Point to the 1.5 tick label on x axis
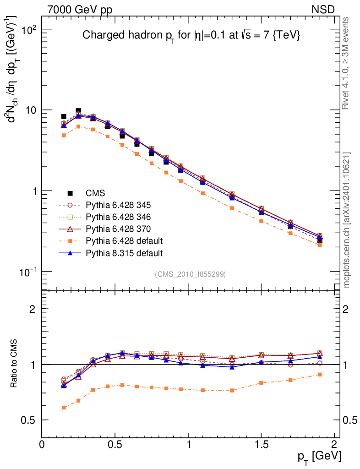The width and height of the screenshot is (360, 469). [261, 445]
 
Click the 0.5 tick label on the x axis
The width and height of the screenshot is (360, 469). [115, 445]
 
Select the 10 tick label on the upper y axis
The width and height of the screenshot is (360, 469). [31, 110]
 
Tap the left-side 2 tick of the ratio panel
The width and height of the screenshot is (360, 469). [33, 309]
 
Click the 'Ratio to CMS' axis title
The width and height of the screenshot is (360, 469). [15, 364]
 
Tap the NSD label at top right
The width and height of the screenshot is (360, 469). [323, 9]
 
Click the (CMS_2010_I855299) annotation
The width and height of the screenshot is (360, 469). [190, 274]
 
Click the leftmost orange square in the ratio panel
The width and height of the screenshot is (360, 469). [64, 408]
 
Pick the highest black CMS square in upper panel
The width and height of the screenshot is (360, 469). [78, 111]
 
